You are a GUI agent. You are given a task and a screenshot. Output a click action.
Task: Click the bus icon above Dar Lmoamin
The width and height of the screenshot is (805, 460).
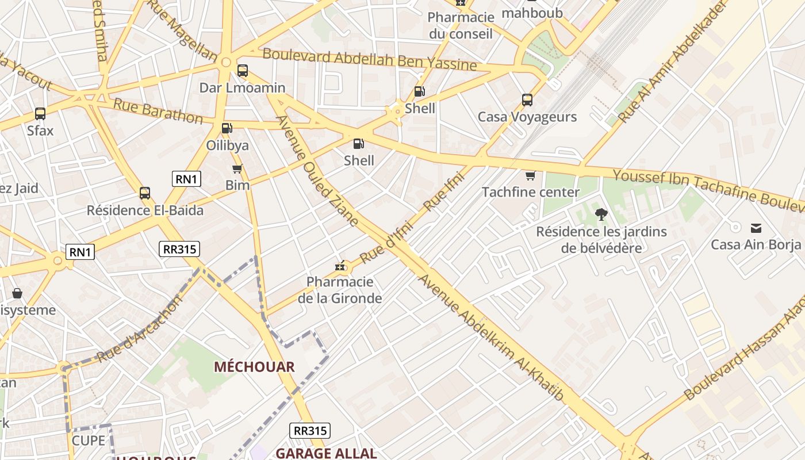click(243, 71)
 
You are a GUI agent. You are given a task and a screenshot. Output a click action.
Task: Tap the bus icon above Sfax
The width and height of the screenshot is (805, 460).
click(40, 114)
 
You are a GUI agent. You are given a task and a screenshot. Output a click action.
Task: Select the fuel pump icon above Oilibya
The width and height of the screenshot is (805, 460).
click(228, 128)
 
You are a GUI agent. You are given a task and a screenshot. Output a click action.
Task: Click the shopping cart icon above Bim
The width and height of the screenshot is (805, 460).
click(237, 169)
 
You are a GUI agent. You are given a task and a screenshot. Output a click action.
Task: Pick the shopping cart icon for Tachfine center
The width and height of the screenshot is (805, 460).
click(530, 175)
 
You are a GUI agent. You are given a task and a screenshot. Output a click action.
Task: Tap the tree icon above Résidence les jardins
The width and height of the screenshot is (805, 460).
click(601, 215)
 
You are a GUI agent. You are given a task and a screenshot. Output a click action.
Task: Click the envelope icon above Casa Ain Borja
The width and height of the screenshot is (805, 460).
click(756, 228)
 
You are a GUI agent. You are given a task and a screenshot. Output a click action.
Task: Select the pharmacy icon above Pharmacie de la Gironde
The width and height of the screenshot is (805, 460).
click(340, 266)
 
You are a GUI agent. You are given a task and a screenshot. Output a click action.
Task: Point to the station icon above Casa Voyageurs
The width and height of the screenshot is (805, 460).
click(527, 100)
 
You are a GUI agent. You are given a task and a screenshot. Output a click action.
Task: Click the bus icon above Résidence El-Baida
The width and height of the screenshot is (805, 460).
click(145, 193)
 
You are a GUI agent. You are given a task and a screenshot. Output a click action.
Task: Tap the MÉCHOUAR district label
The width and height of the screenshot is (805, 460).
click(254, 367)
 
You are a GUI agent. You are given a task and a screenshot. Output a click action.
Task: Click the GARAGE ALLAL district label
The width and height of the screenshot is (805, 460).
click(326, 453)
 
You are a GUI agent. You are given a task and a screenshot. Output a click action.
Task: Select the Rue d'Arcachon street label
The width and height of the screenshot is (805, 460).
click(140, 329)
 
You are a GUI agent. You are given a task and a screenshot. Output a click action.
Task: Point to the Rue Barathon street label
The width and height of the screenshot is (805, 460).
click(158, 111)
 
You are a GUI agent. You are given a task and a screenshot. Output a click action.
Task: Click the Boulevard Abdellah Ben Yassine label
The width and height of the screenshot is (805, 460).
click(370, 60)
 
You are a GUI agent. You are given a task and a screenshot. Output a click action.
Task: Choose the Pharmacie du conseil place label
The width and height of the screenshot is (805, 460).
click(461, 26)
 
